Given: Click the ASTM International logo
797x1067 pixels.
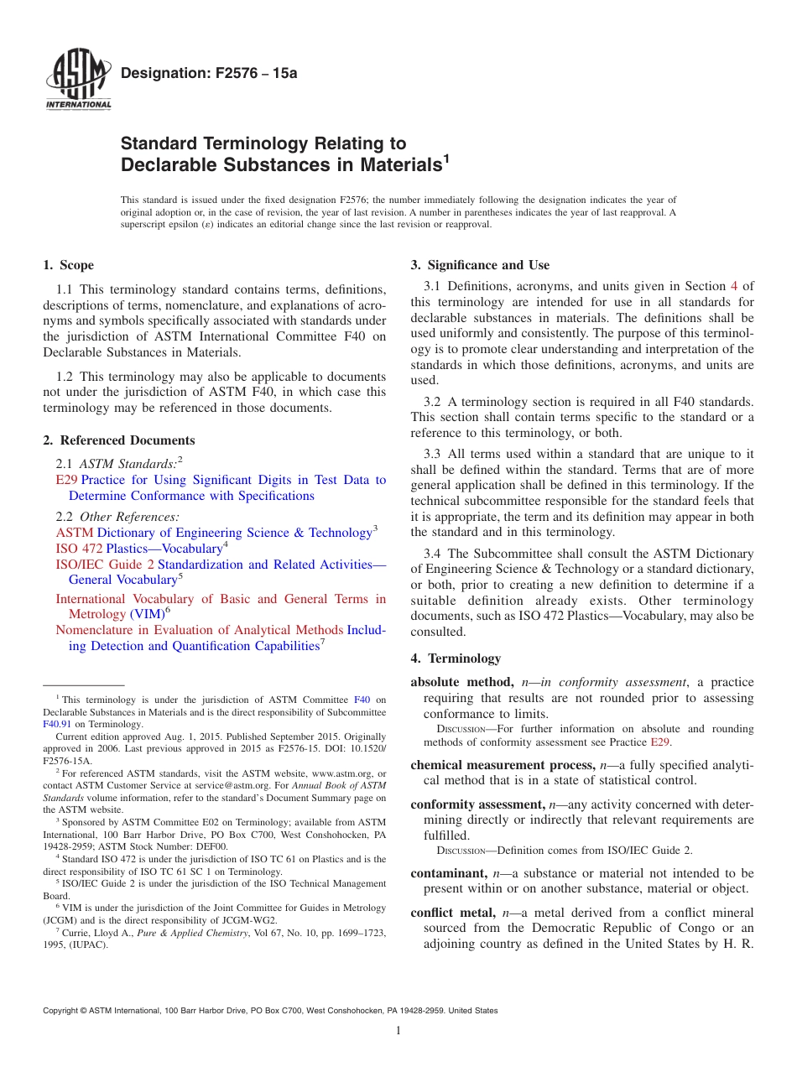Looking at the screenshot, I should (78, 80).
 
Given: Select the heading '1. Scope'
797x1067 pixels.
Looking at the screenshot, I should (69, 265).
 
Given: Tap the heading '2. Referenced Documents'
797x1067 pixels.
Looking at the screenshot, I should (119, 440).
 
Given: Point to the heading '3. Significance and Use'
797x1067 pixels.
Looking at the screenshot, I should (480, 265).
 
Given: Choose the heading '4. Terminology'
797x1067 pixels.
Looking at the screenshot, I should (456, 658).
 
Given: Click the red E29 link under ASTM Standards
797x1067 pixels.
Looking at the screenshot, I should (66, 480).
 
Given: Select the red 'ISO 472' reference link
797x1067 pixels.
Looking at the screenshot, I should (79, 548).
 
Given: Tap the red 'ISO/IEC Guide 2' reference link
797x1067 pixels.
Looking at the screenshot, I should (105, 565).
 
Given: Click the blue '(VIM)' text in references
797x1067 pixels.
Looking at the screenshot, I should (147, 614).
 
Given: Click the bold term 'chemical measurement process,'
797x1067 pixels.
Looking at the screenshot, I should (500, 765).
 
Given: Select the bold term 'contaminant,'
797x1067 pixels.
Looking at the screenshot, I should (449, 873).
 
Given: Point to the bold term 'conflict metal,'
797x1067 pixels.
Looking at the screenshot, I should (454, 912).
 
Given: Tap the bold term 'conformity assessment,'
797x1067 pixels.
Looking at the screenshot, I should (478, 804).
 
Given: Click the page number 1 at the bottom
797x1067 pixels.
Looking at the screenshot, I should (398, 1031).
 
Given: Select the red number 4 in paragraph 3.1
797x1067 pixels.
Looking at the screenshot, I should (734, 286).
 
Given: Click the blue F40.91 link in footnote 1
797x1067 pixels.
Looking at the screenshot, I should (57, 724).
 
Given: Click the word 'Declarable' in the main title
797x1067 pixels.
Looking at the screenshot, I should (174, 164).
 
